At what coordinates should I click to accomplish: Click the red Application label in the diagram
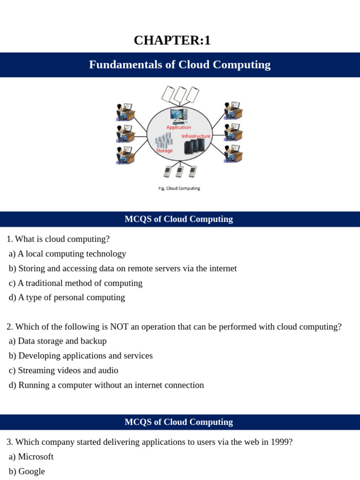(x=179, y=127)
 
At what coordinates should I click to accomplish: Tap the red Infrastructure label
(x=196, y=136)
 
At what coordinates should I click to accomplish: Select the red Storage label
(x=164, y=151)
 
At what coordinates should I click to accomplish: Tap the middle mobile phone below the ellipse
(x=179, y=172)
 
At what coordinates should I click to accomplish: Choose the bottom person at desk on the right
(x=232, y=154)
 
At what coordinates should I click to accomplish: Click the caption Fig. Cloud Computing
(x=179, y=188)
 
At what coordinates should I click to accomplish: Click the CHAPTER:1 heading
(x=172, y=41)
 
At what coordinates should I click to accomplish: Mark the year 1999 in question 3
(x=282, y=442)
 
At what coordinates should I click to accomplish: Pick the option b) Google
(x=27, y=471)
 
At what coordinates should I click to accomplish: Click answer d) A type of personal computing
(x=67, y=297)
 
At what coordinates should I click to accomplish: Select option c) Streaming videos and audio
(x=63, y=370)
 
